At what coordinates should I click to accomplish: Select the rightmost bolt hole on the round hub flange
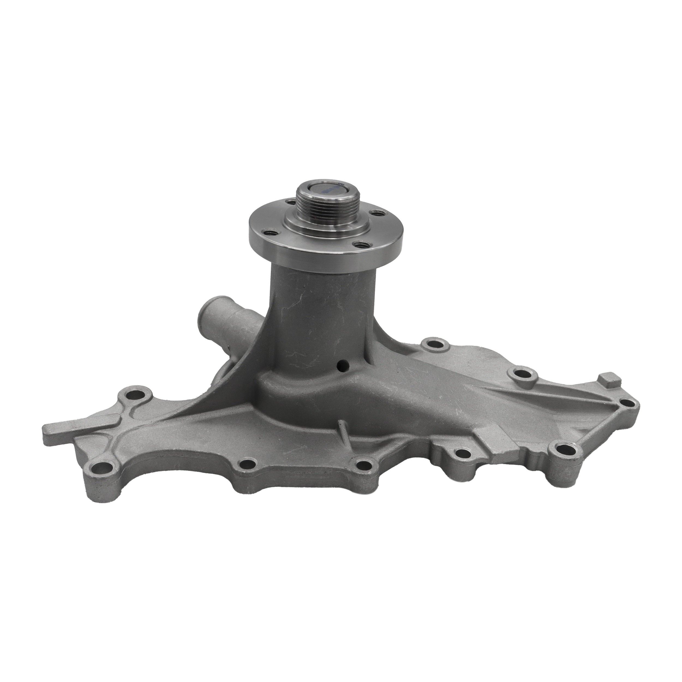pos(379,214)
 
